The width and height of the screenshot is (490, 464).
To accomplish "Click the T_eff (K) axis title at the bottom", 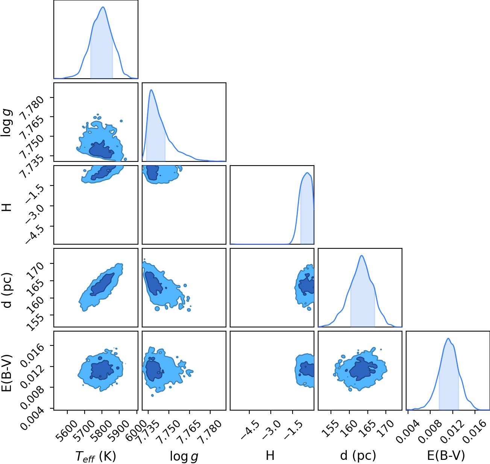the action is [x=96, y=456].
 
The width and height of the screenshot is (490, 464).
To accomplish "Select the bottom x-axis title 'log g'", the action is [x=184, y=457].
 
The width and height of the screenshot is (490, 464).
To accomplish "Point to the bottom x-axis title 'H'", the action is [x=270, y=455].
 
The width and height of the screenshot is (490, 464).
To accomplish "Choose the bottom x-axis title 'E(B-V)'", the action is [x=446, y=456].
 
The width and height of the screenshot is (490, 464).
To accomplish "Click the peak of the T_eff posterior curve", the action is [x=103, y=7].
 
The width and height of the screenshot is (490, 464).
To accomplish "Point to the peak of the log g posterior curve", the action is [x=151, y=90].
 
